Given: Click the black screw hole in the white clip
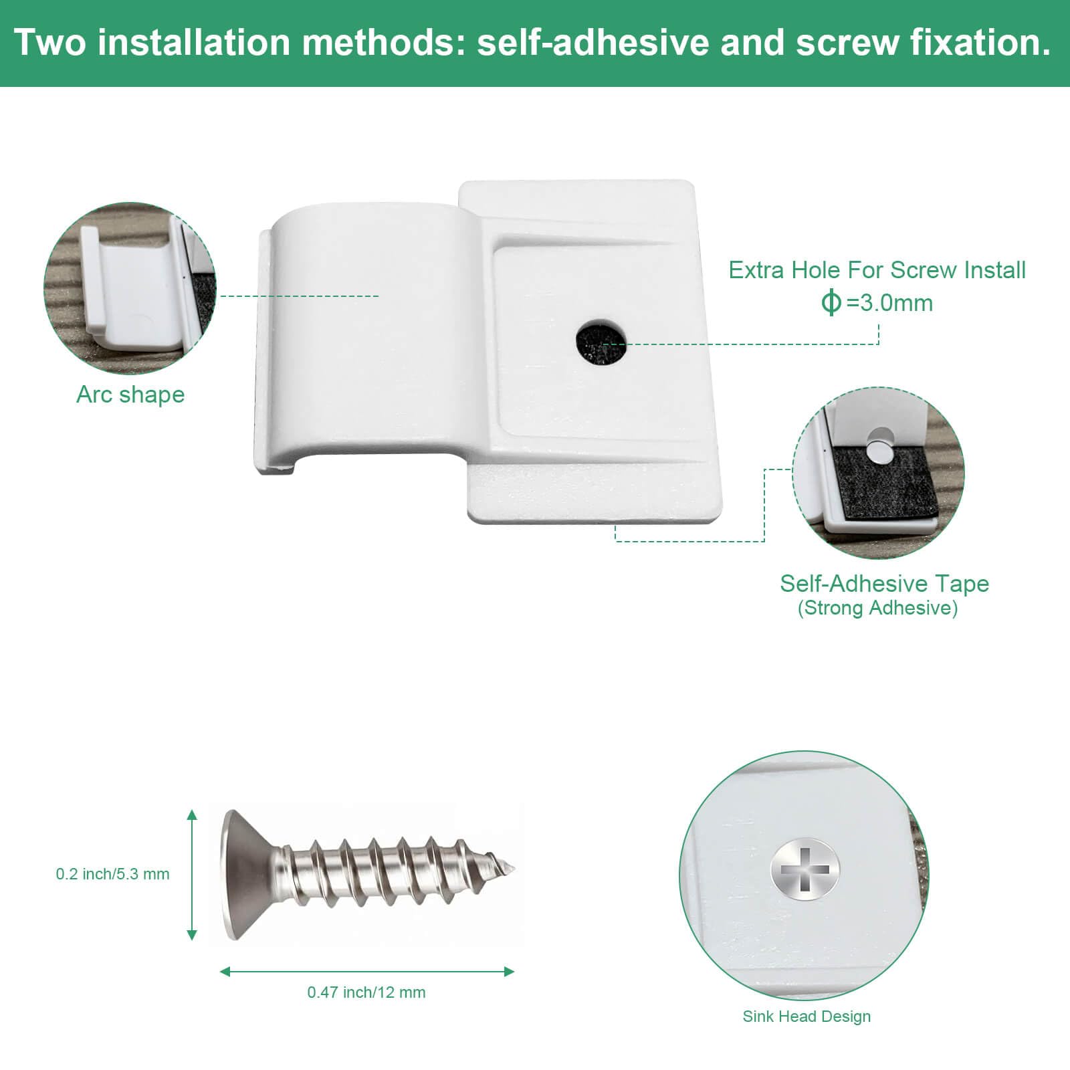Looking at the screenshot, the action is coord(601,344).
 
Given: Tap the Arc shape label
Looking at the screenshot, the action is coord(130,395).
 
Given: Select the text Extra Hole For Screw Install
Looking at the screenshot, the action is coord(877,270).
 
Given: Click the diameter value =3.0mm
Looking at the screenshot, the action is coord(889,303).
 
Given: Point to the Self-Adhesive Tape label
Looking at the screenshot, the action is coord(884,583).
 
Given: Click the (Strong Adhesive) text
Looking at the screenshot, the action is coord(877,608).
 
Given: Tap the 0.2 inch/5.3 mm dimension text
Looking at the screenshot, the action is coord(112,874).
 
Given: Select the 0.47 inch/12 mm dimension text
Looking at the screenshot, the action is coord(366,992).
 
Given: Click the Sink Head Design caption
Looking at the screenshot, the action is coord(807,1016).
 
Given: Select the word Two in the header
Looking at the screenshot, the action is coord(50,42).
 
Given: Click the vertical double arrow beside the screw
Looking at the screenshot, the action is coord(192,875).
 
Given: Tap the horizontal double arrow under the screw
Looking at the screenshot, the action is coord(367,971).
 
